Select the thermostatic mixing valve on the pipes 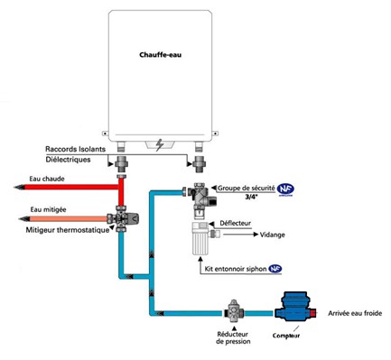coord(120,219)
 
